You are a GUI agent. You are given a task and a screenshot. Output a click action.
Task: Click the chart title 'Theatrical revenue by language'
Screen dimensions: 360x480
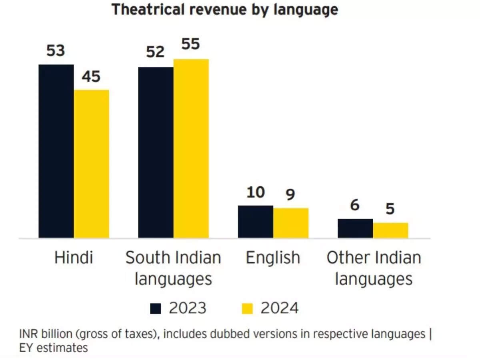point(225,10)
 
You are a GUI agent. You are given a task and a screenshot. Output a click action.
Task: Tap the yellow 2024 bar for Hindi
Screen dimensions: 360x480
point(91,164)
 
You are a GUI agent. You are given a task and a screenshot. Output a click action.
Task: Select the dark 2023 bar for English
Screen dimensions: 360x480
point(255,222)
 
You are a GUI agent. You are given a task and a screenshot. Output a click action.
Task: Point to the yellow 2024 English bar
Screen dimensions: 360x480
point(291,223)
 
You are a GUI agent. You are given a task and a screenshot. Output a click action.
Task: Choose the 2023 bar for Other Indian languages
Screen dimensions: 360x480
point(355,228)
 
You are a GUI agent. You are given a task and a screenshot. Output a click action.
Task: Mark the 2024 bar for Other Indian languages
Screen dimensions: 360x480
point(390,230)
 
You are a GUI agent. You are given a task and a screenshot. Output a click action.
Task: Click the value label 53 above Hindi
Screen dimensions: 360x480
point(56,51)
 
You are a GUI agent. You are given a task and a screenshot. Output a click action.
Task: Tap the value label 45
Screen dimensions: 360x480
point(91,76)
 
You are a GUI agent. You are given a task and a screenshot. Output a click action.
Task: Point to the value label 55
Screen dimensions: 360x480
point(190,44)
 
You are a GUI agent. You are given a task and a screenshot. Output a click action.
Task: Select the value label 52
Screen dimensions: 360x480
point(155,52)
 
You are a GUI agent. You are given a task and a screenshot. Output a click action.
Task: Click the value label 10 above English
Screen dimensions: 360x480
point(255,192)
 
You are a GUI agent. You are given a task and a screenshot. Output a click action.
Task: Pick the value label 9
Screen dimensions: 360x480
point(290,195)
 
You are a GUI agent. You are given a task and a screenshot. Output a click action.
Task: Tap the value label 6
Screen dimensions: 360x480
point(354,206)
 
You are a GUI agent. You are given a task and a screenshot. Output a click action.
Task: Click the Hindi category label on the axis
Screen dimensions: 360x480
point(74,258)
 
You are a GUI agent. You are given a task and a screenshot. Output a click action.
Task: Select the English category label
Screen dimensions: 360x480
point(273,258)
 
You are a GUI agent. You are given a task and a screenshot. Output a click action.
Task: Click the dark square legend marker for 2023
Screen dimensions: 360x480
point(156,309)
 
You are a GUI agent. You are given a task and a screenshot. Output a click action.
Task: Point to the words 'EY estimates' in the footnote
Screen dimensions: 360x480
point(53,348)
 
